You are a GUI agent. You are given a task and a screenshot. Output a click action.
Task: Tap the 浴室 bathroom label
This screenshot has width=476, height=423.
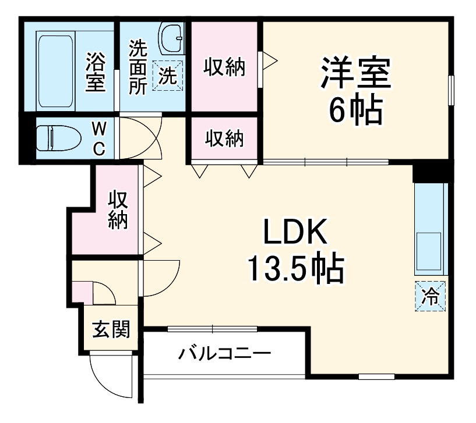click(96, 72)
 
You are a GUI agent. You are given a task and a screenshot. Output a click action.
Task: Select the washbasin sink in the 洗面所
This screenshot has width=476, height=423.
click(171, 38)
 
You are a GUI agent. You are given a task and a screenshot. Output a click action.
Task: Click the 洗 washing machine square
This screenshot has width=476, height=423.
click(168, 76)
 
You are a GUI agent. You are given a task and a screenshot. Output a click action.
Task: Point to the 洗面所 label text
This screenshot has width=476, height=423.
click(137, 67)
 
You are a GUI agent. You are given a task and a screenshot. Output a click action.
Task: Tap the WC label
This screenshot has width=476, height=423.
click(100, 138)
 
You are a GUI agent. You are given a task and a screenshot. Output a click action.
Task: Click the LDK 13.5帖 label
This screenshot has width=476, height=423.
click(294, 250)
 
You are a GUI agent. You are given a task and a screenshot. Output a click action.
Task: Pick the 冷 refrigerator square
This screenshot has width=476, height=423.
click(431, 296)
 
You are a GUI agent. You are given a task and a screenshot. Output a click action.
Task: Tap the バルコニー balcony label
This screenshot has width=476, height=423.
click(224, 353)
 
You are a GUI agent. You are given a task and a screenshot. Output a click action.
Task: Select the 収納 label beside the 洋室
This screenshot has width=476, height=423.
click(224, 67)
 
